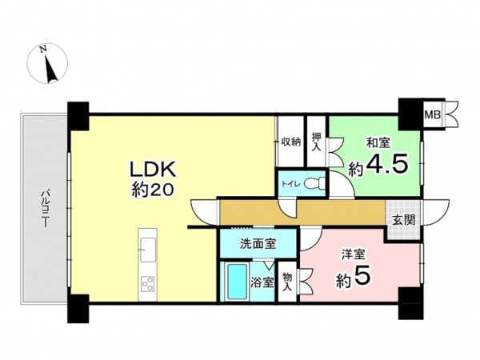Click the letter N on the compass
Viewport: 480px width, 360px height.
(44, 49)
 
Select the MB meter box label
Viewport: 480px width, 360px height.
(433, 115)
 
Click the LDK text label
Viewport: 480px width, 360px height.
(154, 170)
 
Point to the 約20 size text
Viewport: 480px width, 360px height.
(153, 190)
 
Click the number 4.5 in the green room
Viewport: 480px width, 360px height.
(387, 165)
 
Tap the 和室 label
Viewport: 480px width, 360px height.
(378, 143)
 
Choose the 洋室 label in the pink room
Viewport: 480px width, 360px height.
(354, 254)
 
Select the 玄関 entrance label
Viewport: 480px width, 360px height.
(403, 220)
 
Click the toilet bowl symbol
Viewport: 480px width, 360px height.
(314, 184)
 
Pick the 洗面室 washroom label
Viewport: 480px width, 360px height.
(258, 244)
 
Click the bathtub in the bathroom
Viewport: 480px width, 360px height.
(237, 282)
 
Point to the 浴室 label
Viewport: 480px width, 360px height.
(262, 282)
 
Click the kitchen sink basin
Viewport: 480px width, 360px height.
(148, 250)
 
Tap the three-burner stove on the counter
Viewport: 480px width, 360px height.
(147, 283)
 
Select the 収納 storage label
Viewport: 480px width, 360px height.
(291, 142)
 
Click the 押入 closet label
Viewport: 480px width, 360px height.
(317, 142)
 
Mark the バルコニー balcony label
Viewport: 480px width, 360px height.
(45, 209)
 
